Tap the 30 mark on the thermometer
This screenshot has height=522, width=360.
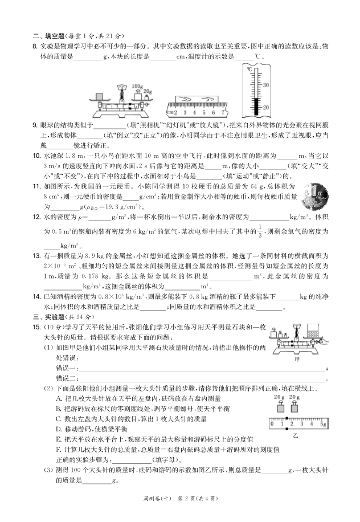[x=265, y=85]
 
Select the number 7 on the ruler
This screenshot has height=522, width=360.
[x=223, y=113]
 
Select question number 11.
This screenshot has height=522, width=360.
[x=35, y=186]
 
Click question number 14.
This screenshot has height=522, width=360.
[x=35, y=296]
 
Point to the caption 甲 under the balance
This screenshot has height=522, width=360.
[x=296, y=360]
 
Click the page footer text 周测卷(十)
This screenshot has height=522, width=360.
[x=154, y=499]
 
